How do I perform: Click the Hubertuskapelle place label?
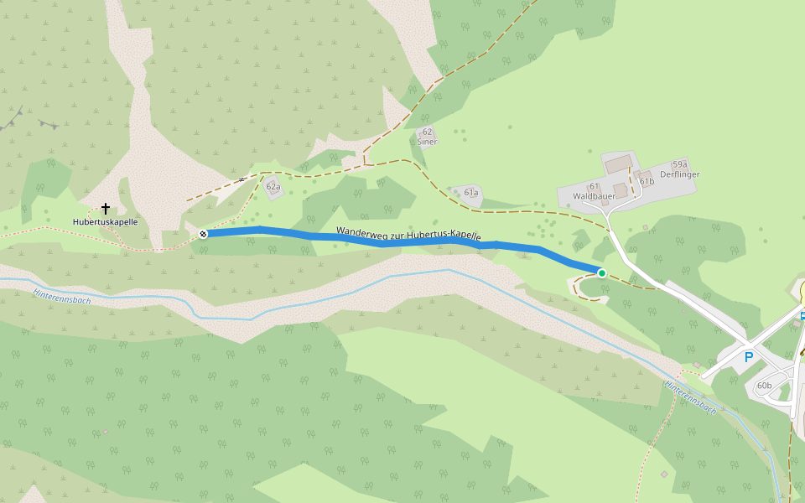pos(105,222)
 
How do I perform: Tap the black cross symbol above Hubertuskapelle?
pos(106,208)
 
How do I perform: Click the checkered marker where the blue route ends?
pos(204,234)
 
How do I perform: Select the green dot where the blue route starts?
pos(601,272)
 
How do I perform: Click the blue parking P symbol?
pos(749,356)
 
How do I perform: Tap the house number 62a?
pos(273,187)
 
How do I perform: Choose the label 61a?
pos(471,193)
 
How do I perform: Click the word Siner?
pos(427,142)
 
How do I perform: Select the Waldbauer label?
pos(594,196)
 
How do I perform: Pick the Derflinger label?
pos(679,174)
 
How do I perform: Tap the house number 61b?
pos(647,181)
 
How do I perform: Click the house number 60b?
pos(764,386)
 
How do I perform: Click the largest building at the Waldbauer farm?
pos(619,163)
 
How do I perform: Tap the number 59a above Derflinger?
pos(679,165)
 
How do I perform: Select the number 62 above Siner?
pos(427,132)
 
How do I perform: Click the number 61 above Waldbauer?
pos(593,186)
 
